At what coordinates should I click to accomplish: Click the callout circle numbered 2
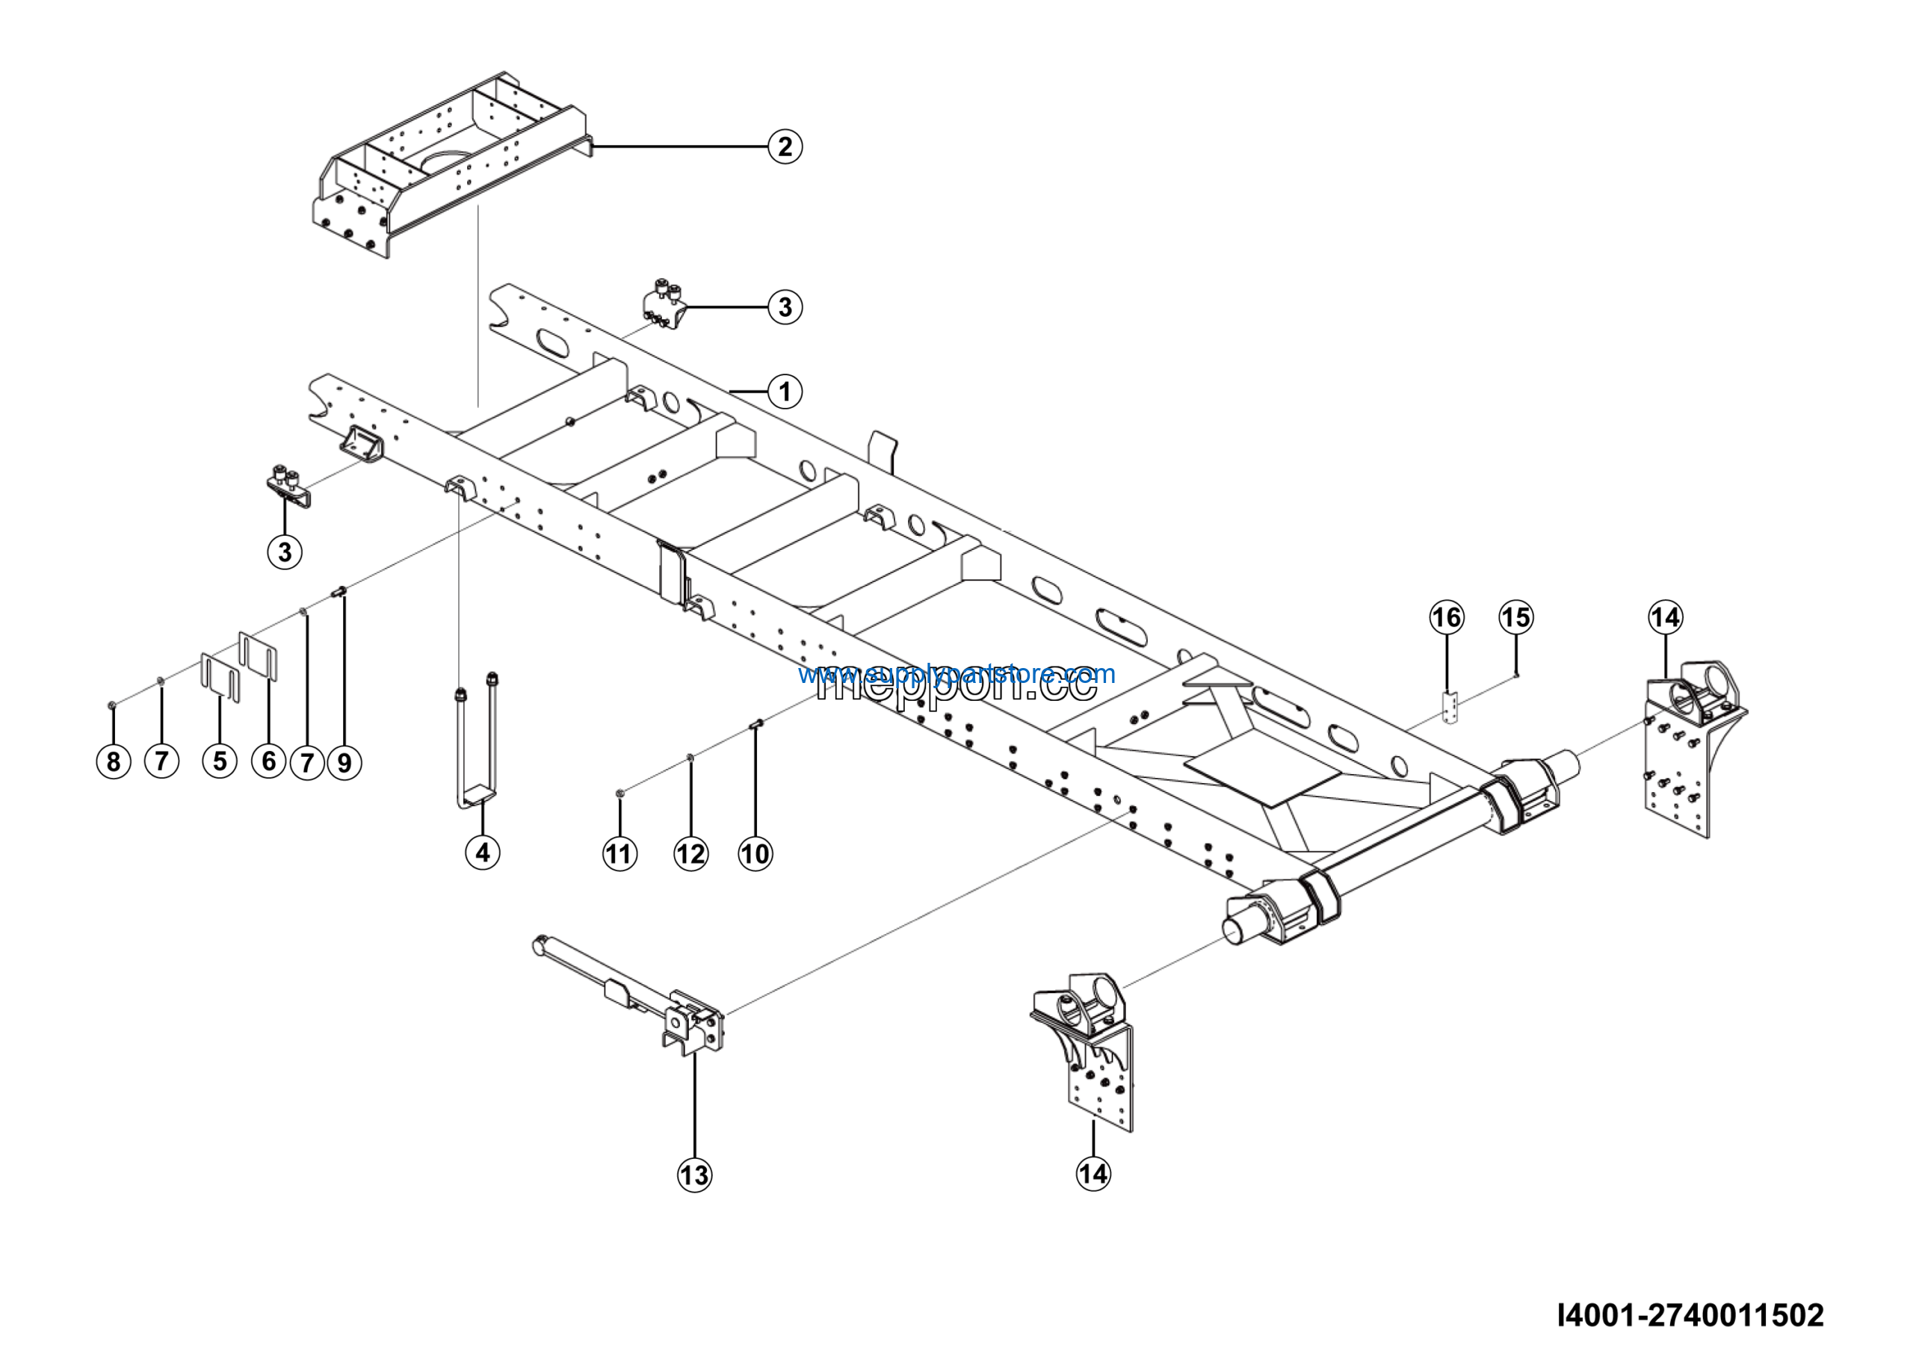point(784,146)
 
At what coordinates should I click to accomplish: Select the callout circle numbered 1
point(784,391)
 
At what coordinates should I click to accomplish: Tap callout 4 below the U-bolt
point(483,852)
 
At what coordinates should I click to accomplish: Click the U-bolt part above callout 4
point(475,741)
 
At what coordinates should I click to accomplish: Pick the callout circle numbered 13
point(694,1175)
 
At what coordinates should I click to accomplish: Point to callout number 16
point(1447,617)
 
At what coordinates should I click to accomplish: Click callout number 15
point(1515,617)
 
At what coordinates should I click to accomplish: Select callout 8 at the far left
point(114,761)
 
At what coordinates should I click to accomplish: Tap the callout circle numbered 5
point(219,761)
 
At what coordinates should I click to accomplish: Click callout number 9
point(344,761)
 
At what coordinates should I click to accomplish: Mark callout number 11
point(619,854)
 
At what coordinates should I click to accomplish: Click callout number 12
point(690,854)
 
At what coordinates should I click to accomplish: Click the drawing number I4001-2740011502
point(1690,1315)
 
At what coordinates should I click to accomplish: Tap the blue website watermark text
point(956,673)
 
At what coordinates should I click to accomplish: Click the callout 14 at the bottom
point(1093,1174)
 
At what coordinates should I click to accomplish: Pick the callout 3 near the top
point(784,306)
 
